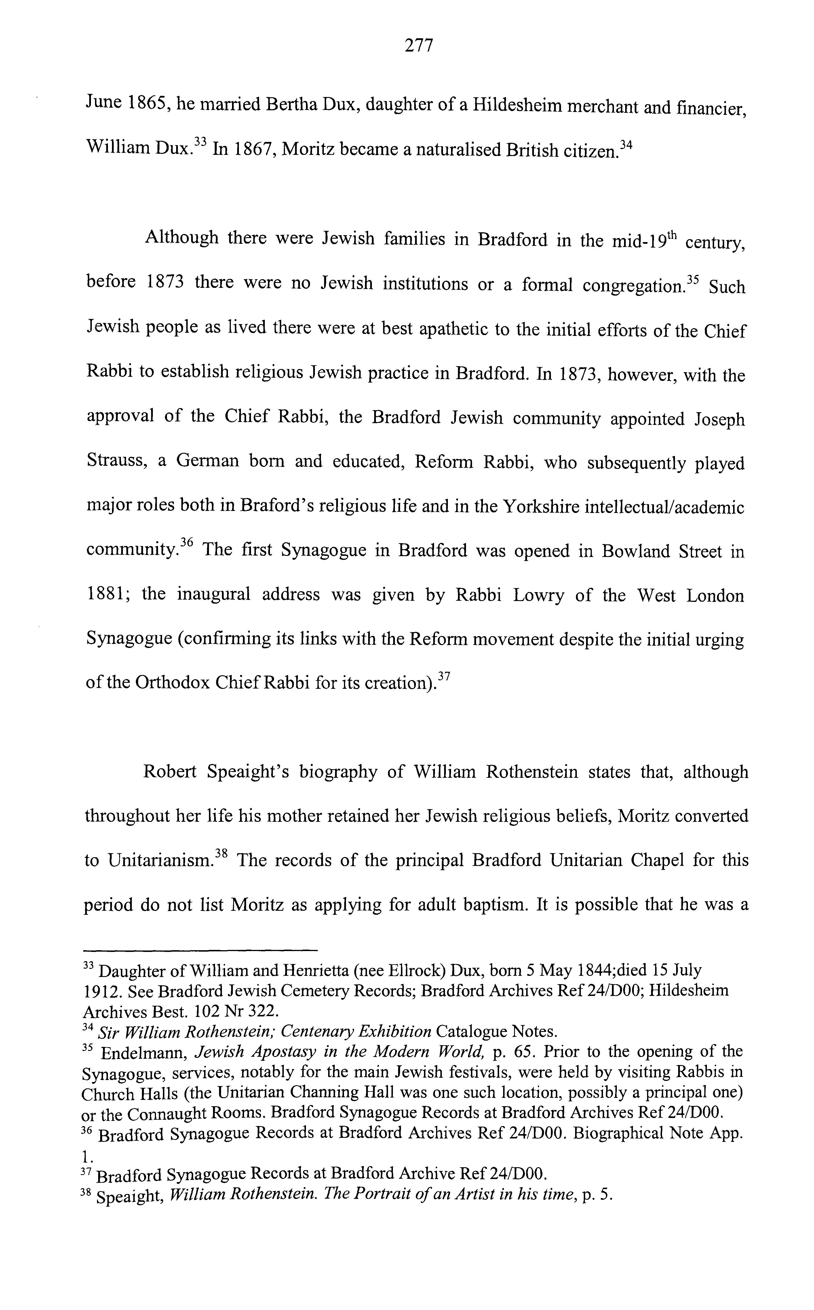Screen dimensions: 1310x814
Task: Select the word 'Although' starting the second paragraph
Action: tap(181, 237)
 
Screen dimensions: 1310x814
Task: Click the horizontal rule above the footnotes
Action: tap(201, 950)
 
